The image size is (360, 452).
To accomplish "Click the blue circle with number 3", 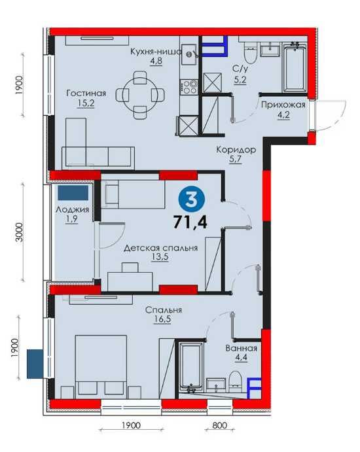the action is [x=192, y=200].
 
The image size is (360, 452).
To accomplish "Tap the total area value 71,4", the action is [x=190, y=222].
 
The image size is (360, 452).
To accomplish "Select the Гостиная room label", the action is [x=86, y=93].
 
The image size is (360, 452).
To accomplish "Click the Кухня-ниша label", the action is [x=156, y=52].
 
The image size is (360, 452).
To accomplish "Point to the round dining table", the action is [x=141, y=95].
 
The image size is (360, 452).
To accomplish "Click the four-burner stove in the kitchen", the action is [x=189, y=87].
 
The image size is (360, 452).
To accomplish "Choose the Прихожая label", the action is [x=283, y=105].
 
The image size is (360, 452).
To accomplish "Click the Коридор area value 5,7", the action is [x=236, y=160].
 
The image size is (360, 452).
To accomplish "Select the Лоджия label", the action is [x=72, y=209].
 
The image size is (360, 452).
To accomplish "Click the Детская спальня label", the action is [x=160, y=248].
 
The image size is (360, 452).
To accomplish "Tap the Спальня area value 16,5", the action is [x=163, y=319].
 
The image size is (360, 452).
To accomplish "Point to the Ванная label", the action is [x=241, y=348].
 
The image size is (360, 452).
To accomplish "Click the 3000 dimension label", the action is [x=19, y=232].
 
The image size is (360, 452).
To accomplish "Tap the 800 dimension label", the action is [x=219, y=425].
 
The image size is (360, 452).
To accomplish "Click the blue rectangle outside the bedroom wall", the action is [x=35, y=364].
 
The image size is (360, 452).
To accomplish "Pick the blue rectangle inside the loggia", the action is [x=73, y=193].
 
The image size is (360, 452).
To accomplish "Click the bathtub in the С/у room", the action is [x=295, y=67].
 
